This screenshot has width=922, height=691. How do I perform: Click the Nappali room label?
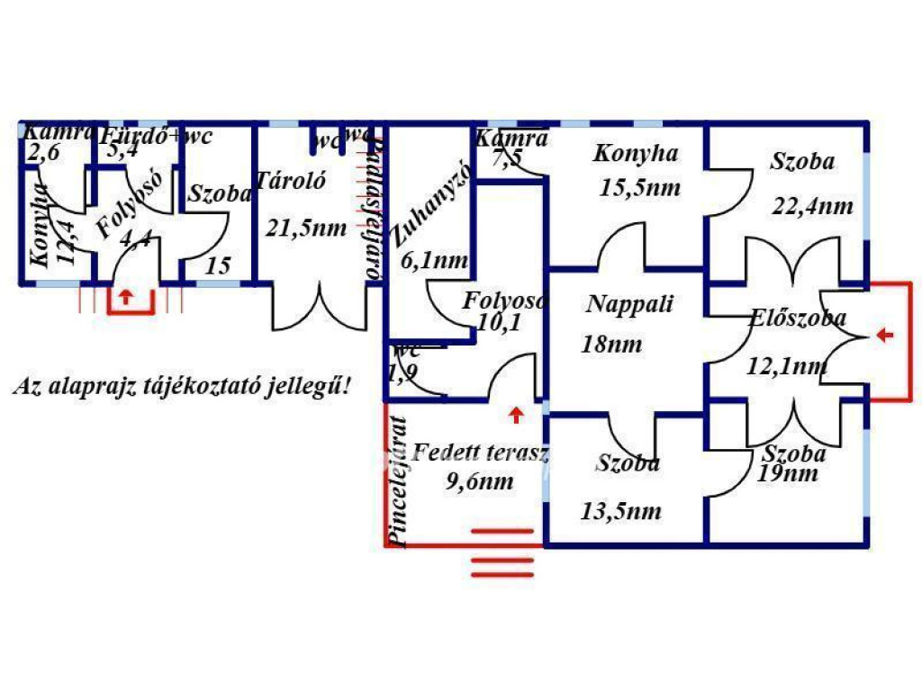[x=629, y=304]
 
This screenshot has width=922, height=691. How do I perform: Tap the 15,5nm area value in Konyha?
[x=640, y=188]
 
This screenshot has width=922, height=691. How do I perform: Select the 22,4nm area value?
[x=812, y=206]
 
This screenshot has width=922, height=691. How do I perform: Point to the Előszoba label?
[x=798, y=318]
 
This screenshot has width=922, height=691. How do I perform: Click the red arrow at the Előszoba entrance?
[x=885, y=336]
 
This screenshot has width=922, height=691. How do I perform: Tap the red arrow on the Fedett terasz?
[x=516, y=415]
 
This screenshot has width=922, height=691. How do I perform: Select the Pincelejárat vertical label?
[x=395, y=481]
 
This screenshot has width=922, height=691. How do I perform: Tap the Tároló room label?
[x=290, y=179]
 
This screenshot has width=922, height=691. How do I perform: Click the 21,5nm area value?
[x=306, y=228]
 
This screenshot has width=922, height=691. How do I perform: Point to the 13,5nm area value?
[x=621, y=512]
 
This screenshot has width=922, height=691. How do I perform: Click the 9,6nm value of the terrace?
[x=480, y=481]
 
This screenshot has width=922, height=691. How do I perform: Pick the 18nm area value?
[x=612, y=344]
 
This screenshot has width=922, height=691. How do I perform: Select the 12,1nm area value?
[x=788, y=365]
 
